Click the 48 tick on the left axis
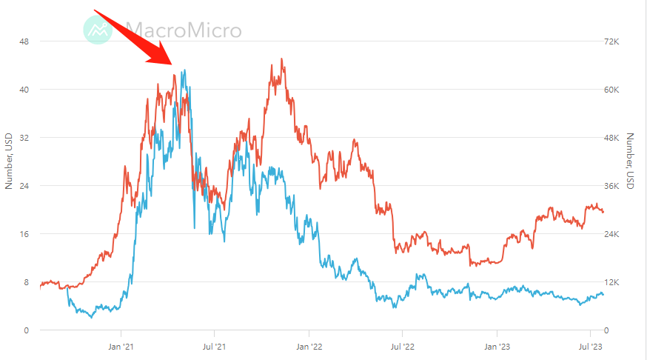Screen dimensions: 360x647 pyautogui.click(x=24, y=41)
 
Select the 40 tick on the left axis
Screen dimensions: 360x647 pyautogui.click(x=24, y=90)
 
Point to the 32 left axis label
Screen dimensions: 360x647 pyautogui.click(x=24, y=138)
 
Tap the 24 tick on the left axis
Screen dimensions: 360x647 pyautogui.click(x=24, y=186)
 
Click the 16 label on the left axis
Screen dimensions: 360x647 pyautogui.click(x=24, y=234)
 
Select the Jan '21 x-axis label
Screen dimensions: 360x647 pyautogui.click(x=121, y=345)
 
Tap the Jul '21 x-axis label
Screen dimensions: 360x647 pyautogui.click(x=214, y=345)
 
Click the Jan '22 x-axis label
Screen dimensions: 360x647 pyautogui.click(x=309, y=345)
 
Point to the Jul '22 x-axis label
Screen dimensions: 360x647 pyautogui.click(x=402, y=345)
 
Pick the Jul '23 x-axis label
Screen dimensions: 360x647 pyautogui.click(x=590, y=345)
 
